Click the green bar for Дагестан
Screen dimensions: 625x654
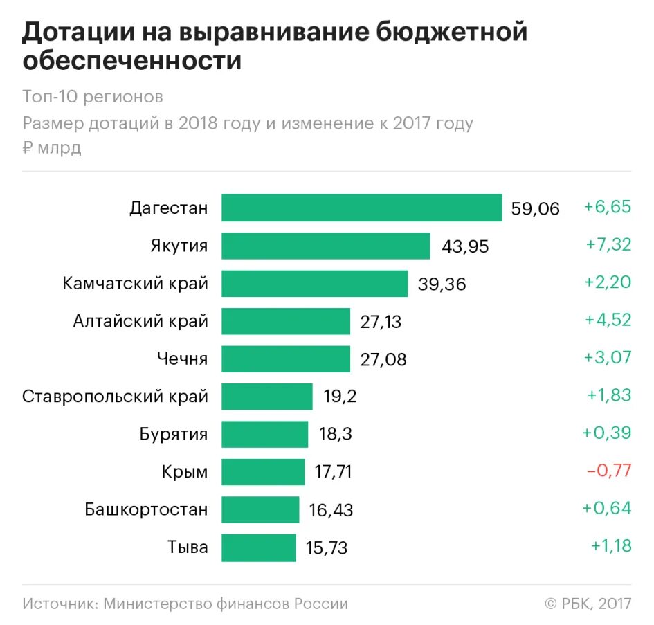tap(361, 208)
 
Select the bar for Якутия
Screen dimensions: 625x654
tap(326, 246)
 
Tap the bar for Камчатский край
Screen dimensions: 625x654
tap(314, 283)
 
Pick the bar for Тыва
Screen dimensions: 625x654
tap(258, 547)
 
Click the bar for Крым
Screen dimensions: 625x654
tap(263, 472)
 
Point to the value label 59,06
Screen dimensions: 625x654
tap(535, 208)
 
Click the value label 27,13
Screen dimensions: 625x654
tap(381, 322)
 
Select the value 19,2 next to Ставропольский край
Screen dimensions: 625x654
tap(340, 397)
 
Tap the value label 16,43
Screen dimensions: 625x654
tap(331, 511)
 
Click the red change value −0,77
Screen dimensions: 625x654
tap(609, 471)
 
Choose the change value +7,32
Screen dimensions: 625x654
tap(607, 245)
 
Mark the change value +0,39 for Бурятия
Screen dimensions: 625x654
tap(607, 433)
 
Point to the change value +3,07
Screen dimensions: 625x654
tap(607, 359)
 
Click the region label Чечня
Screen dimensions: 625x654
tap(183, 359)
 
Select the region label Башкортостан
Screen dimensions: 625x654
tap(146, 510)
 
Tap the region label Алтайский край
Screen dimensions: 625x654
tap(140, 321)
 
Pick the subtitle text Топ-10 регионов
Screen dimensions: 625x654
tap(93, 96)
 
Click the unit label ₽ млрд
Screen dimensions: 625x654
tap(52, 147)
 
